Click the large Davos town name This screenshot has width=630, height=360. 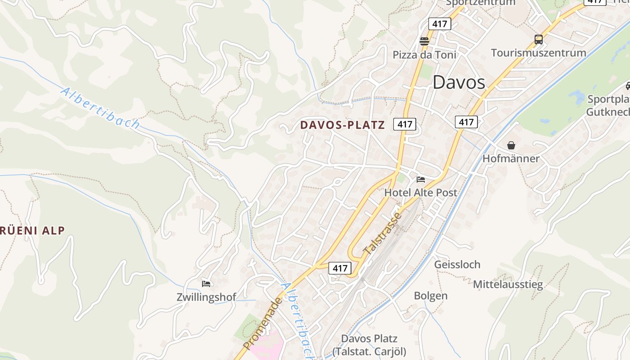click(459, 82)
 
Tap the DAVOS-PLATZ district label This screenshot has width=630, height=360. click(342, 125)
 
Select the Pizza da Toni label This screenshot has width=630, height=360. click(424, 55)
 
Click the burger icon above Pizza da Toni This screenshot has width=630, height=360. click(424, 41)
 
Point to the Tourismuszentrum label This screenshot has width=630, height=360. click(538, 53)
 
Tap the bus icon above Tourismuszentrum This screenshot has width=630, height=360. click(539, 39)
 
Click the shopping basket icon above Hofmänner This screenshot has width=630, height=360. click(511, 145)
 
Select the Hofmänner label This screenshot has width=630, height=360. click(511, 158)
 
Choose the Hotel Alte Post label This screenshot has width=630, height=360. click(420, 193)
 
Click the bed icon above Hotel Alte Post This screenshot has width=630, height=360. click(421, 179)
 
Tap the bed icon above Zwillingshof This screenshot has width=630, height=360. click(206, 283)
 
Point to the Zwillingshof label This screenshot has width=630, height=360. click(207, 297)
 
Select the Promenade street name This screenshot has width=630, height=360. click(263, 323)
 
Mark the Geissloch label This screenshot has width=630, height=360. click(457, 264)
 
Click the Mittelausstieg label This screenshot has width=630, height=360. click(508, 284)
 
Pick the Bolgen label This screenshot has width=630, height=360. click(431, 296)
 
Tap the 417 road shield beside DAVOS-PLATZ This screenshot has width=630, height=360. click(405, 124)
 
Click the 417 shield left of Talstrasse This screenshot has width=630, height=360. click(340, 268)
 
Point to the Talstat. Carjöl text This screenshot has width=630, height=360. click(369, 351)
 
